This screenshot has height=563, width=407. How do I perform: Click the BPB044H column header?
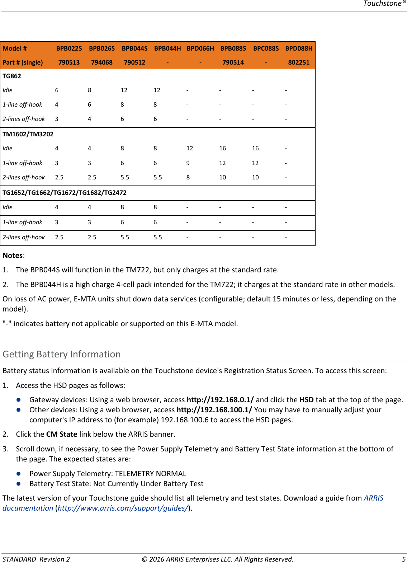click(167, 48)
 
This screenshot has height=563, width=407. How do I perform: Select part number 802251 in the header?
click(299, 62)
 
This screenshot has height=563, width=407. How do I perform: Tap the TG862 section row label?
click(12, 76)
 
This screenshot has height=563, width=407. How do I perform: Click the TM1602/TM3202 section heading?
click(28, 134)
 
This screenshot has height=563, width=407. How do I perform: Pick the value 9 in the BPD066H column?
click(188, 163)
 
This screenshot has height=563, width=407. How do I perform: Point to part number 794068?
click(102, 62)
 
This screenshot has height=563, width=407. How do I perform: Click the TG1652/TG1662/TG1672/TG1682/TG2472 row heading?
click(65, 193)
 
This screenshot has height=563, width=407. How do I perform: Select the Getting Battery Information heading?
click(62, 354)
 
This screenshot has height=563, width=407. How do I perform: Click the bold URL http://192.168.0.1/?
click(220, 400)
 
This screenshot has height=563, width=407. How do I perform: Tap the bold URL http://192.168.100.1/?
click(214, 410)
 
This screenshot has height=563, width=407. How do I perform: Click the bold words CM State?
click(62, 434)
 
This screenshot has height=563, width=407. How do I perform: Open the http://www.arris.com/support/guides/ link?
click(123, 508)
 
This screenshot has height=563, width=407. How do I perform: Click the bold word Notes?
click(13, 255)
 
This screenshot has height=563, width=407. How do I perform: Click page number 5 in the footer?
click(404, 559)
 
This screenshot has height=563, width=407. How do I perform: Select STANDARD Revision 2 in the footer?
click(36, 559)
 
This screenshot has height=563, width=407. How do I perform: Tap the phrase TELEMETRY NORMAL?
click(151, 474)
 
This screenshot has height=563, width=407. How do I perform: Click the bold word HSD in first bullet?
click(307, 400)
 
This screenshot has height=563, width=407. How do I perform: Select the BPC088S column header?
click(266, 48)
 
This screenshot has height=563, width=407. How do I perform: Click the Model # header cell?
click(15, 48)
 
